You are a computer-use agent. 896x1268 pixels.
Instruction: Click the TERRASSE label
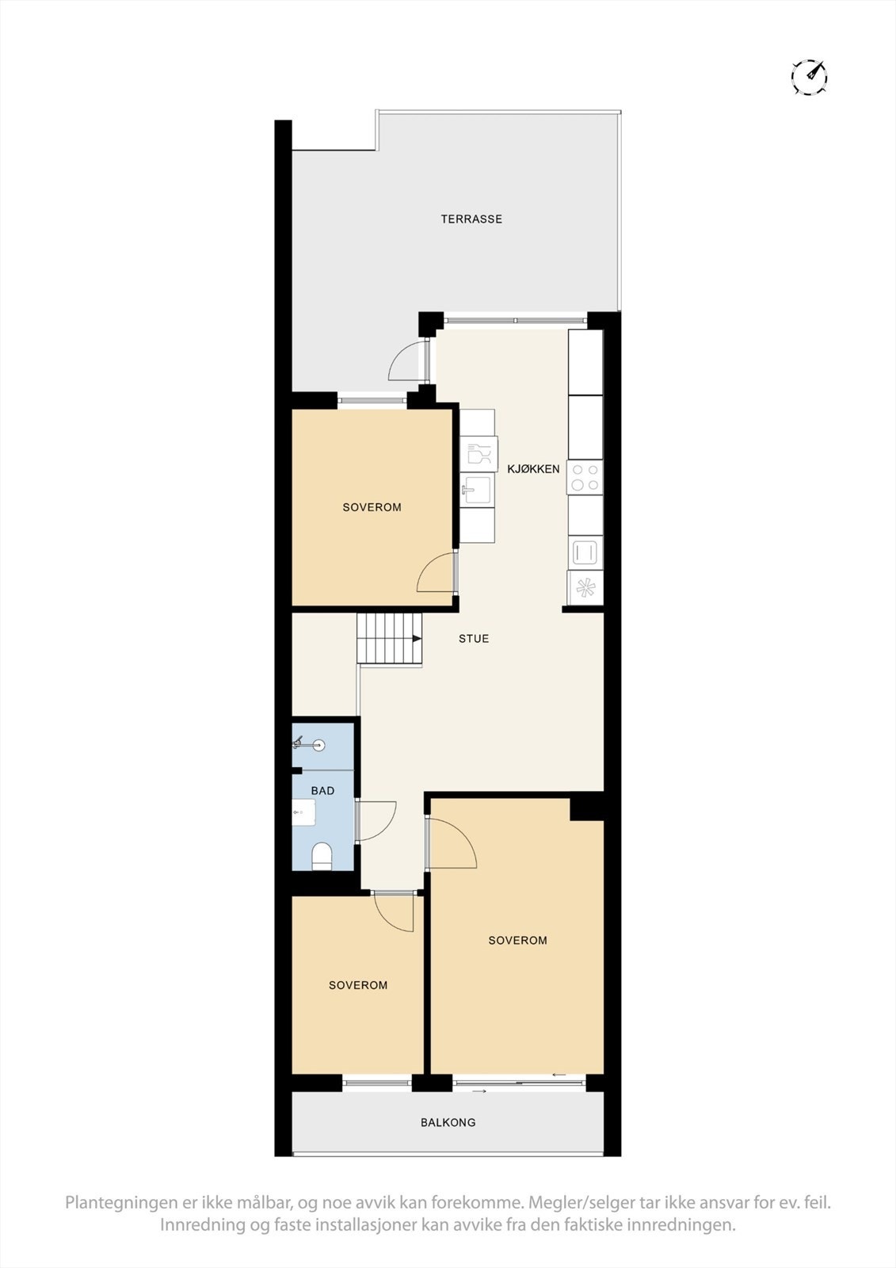[471, 219]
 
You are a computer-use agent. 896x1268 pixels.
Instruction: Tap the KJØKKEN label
[533, 468]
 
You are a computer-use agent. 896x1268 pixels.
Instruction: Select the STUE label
[474, 638]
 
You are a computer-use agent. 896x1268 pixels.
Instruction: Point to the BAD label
[322, 790]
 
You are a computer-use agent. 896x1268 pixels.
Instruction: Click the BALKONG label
[448, 1122]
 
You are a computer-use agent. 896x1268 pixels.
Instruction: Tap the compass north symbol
[809, 77]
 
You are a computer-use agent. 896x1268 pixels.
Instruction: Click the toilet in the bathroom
[322, 856]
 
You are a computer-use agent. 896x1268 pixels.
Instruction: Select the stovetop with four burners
[585, 477]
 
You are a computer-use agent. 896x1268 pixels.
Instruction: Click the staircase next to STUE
[389, 638]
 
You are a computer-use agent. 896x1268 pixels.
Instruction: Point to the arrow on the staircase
[414, 638]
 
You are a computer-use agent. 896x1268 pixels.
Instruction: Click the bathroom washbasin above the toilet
[304, 812]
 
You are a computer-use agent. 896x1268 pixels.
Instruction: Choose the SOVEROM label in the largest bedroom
[517, 940]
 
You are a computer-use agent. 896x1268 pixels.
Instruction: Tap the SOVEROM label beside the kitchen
[372, 507]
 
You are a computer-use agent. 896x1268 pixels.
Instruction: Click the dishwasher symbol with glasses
[479, 454]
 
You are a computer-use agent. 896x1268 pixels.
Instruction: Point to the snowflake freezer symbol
[585, 587]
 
